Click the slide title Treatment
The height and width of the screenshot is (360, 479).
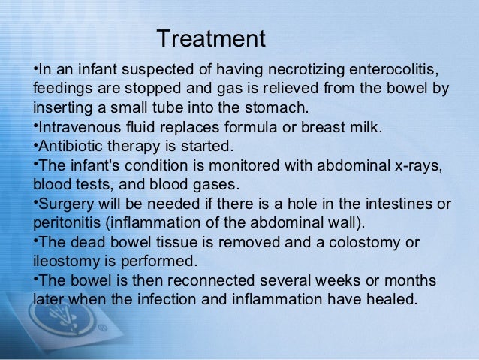pos(212,38)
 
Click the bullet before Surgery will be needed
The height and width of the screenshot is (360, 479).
pos(35,202)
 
